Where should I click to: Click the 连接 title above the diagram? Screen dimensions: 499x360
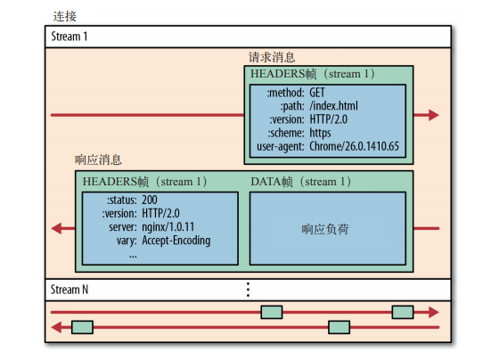64,16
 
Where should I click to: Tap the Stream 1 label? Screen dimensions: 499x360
70,37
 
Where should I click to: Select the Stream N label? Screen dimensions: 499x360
70,290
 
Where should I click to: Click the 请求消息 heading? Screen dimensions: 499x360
272,57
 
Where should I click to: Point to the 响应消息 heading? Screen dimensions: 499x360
98,160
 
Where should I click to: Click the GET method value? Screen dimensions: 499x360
317,93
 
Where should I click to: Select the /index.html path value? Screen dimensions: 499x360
333,106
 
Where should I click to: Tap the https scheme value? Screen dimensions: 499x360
320,133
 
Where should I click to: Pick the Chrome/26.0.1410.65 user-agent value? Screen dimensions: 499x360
355,146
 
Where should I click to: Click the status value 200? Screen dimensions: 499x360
150,200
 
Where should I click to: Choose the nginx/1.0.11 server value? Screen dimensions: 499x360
168,227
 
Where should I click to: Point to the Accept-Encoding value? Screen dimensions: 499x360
176,241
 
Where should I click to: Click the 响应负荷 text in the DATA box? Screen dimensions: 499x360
325,229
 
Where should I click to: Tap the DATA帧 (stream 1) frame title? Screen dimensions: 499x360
301,182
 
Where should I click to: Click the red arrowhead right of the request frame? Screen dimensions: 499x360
434,115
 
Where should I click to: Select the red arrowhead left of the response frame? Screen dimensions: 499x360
56,228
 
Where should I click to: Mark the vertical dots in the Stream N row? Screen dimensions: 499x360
248,290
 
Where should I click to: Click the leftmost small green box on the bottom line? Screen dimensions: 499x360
82,327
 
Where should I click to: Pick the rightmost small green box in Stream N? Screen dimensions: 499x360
403,312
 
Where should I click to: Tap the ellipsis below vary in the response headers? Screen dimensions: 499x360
133,256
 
